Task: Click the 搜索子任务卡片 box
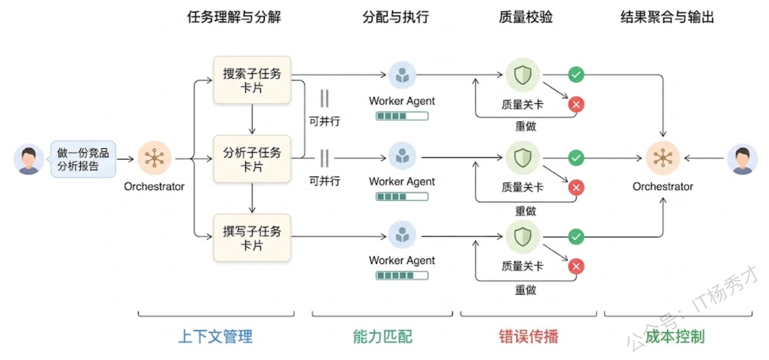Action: [x=252, y=81]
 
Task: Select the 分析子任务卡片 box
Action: [x=252, y=159]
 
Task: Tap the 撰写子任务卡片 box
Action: [x=252, y=237]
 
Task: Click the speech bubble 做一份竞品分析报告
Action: [x=84, y=159]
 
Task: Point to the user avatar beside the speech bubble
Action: [x=28, y=159]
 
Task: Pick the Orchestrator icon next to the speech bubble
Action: [x=154, y=159]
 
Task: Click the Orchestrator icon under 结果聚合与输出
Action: [x=663, y=159]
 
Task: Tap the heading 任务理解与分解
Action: [x=234, y=17]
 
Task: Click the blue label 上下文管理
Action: [x=216, y=337]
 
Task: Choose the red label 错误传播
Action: [x=529, y=337]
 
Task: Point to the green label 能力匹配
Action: [x=383, y=337]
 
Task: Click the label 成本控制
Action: [x=675, y=337]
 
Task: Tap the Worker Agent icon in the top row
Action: [x=402, y=75]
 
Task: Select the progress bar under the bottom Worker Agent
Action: [x=402, y=275]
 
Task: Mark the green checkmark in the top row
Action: [x=576, y=75]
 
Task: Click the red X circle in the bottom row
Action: [x=576, y=266]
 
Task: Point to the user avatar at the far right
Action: [x=743, y=159]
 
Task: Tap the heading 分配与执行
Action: [x=396, y=17]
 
